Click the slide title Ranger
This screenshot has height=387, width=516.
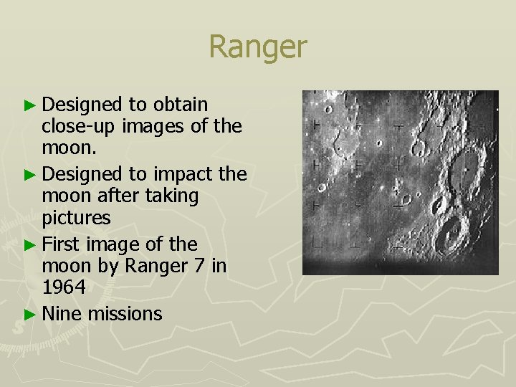point(257,47)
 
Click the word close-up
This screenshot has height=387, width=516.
point(79,128)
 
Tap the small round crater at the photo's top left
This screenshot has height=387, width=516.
point(328,110)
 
